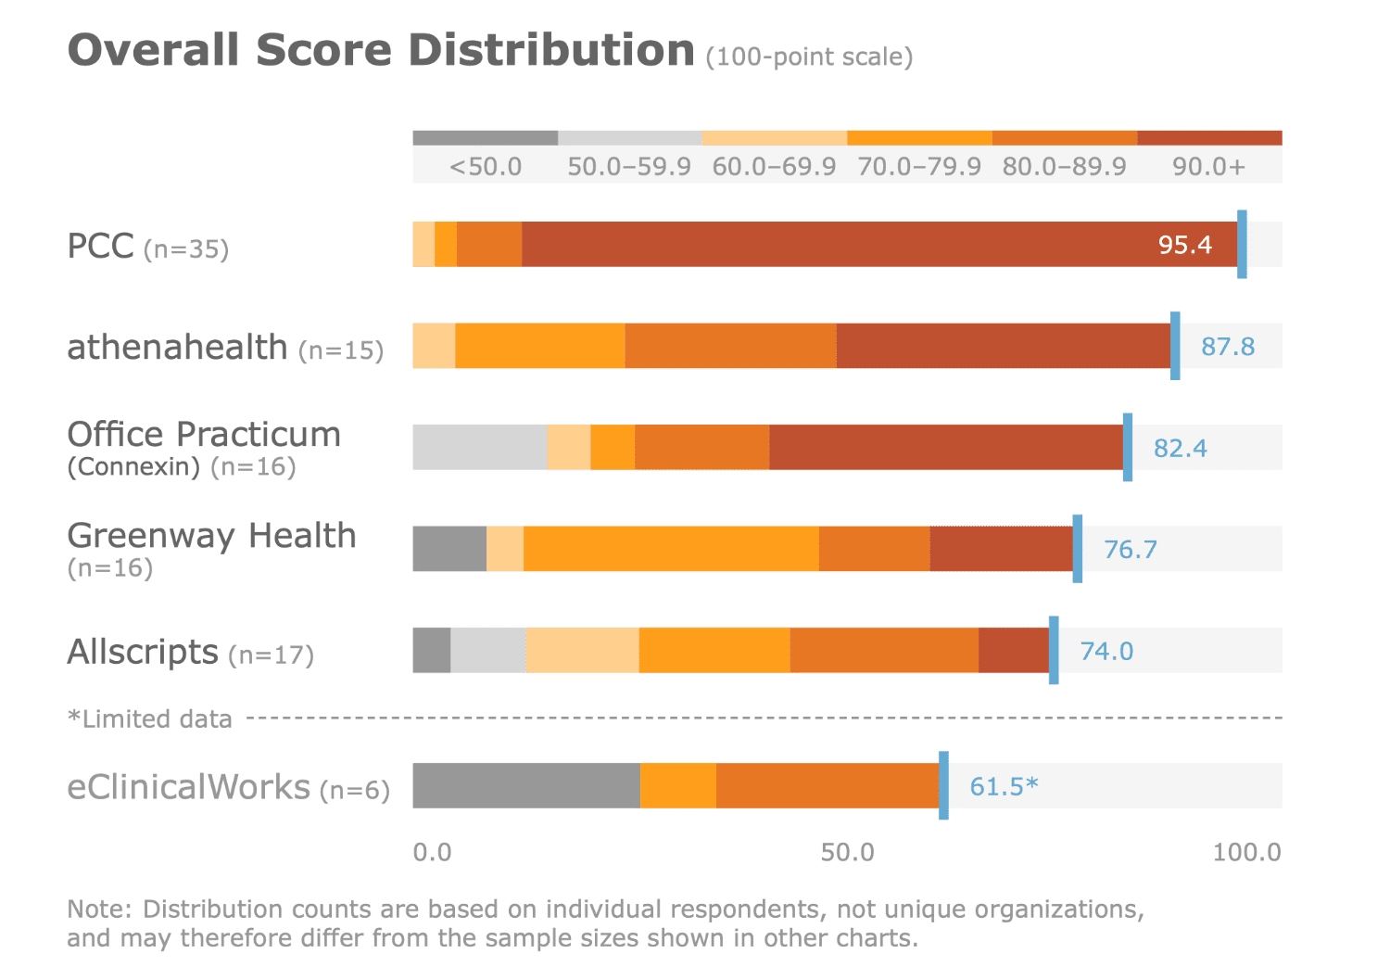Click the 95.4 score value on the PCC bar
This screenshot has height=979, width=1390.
point(1184,245)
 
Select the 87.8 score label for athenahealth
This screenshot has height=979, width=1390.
point(1227,347)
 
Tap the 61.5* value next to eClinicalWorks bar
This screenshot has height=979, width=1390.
point(1003,786)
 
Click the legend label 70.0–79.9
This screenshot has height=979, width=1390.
point(918,167)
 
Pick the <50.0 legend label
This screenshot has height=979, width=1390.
point(486,167)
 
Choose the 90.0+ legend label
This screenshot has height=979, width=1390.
point(1208,167)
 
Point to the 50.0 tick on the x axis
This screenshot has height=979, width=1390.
point(847,853)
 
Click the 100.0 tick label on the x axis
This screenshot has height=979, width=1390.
point(1246,853)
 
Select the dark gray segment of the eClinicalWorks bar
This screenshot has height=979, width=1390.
point(525,786)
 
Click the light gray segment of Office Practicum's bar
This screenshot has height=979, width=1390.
point(479,448)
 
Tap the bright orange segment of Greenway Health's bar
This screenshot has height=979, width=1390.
point(671,549)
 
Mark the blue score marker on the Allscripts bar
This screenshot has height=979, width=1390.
point(1054,650)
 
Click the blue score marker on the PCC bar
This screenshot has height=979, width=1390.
point(1242,245)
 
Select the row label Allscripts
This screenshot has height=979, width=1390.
point(143,652)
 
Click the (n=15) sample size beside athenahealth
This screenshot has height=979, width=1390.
point(341,350)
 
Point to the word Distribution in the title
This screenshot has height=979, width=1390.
point(551,50)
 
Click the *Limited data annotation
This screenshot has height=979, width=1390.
point(150,719)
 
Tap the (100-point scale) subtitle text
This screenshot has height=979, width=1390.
point(809,57)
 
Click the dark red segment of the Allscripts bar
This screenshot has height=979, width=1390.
point(1013,650)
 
